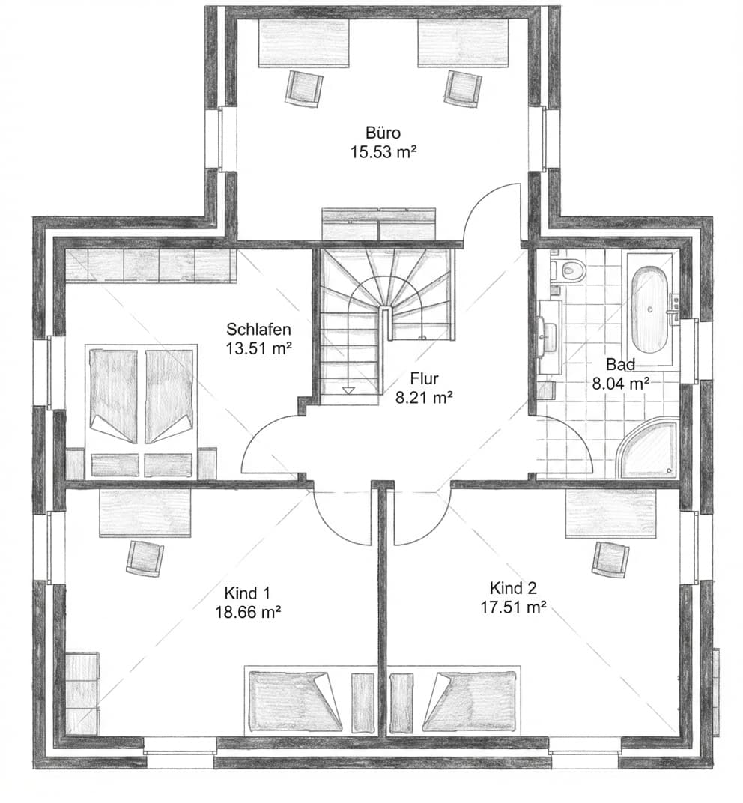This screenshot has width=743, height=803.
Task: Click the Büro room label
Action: (x=383, y=133)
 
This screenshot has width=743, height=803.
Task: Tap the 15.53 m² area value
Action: (x=383, y=152)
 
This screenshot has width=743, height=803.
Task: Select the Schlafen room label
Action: (x=258, y=330)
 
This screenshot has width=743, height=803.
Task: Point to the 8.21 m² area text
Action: (x=424, y=398)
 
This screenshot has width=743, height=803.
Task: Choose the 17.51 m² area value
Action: (x=513, y=607)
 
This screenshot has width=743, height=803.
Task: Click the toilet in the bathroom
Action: (x=571, y=269)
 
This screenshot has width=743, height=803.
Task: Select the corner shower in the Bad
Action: (x=649, y=451)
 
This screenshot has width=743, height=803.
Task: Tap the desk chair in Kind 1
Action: (x=145, y=558)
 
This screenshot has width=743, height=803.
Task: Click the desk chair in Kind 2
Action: (x=610, y=559)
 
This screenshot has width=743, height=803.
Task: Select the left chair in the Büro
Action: (x=303, y=88)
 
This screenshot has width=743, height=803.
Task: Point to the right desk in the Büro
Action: (x=463, y=43)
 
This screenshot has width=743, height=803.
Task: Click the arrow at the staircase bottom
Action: (x=348, y=390)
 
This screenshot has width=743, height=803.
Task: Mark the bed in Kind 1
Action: (x=294, y=701)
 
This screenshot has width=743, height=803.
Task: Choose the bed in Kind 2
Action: (x=470, y=701)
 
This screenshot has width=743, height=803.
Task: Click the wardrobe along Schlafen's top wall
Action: (x=151, y=266)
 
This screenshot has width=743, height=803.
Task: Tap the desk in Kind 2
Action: (x=610, y=513)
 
